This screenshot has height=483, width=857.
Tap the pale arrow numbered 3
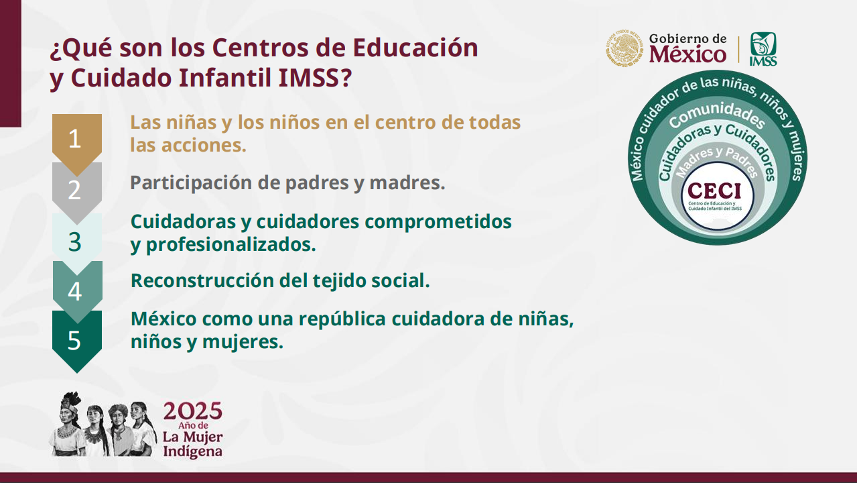pos(77,241)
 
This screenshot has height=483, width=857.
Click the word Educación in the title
pos(415,48)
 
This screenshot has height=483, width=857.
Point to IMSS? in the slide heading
pos(315,77)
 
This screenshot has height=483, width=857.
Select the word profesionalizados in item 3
pos(231,244)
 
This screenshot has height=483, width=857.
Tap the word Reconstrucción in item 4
pos(202,280)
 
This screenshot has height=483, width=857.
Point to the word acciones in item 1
pos(204,145)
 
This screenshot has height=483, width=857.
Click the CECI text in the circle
pos(714,191)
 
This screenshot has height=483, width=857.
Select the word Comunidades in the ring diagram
pos(717,114)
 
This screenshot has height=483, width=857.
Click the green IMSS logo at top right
pos(763,49)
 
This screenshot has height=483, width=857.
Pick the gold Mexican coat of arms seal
pos(624,48)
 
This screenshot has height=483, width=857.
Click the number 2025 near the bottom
pos(192,411)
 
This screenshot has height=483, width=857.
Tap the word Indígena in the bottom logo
pos(192,451)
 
